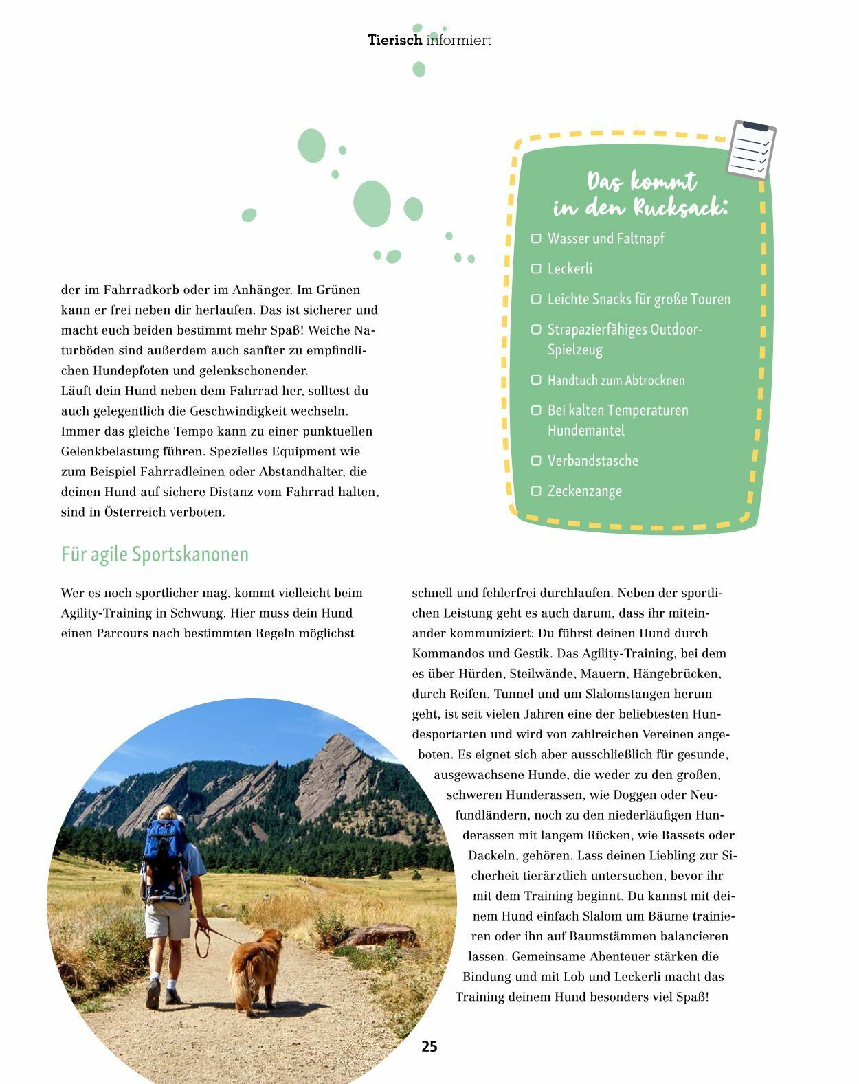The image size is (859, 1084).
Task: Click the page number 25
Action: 429,1046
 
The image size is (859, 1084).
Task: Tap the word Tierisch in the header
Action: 395,40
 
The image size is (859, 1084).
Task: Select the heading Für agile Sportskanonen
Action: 155,554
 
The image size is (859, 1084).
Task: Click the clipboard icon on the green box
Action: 751,150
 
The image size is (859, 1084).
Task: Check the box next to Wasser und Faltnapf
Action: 536,238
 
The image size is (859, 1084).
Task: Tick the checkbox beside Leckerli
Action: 536,269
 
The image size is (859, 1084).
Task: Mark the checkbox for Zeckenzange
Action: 536,490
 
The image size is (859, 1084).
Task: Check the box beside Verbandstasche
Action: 536,460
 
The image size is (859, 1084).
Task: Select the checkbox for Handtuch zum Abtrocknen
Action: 536,380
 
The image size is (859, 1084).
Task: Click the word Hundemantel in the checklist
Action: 586,430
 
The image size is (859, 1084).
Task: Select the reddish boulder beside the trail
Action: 381,935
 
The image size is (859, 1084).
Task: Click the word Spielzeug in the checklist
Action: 574,350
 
